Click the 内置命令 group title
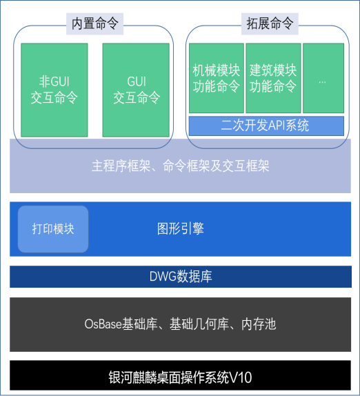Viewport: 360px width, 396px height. click(x=94, y=23)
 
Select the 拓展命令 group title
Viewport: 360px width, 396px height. click(x=270, y=23)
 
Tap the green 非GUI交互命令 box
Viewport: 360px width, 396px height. click(x=54, y=90)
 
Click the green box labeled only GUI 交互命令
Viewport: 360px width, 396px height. click(x=136, y=90)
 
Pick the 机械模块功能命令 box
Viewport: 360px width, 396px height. click(x=217, y=78)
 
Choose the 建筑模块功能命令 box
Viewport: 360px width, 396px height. click(x=273, y=78)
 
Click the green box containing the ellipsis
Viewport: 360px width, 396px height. click(x=323, y=78)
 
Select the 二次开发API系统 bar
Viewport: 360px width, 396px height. click(x=266, y=126)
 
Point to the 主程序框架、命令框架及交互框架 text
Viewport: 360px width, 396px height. click(x=180, y=166)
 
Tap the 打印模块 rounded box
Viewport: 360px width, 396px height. click(x=53, y=229)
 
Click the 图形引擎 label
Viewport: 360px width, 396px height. click(x=180, y=229)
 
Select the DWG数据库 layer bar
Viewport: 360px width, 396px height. click(x=181, y=277)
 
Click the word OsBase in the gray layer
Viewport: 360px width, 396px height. click(x=103, y=324)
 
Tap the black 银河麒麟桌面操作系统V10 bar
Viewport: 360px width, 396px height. click(x=180, y=375)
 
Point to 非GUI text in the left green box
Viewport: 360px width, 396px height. click(x=54, y=81)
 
